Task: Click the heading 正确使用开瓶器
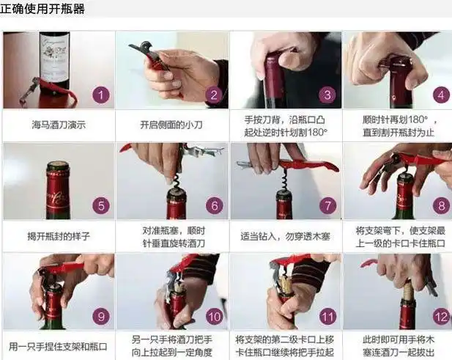(x=42, y=10)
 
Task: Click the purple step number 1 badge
(x=101, y=95)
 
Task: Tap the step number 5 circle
(x=101, y=205)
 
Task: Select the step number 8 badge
(x=440, y=205)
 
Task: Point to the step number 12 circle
(x=440, y=317)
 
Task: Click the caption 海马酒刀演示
(x=59, y=125)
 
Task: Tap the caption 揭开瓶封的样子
(x=59, y=236)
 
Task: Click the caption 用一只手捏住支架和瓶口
(x=59, y=346)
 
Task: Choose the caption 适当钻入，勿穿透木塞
(x=286, y=236)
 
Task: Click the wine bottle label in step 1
(x=54, y=51)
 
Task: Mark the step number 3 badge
(x=327, y=95)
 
